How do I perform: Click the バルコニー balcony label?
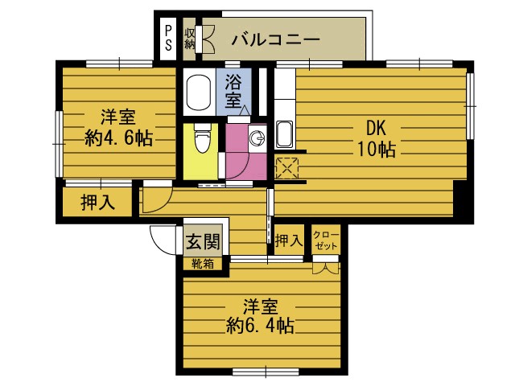(x=276, y=39)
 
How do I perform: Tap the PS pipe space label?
(x=168, y=38)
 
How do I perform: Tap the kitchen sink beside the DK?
(x=284, y=133)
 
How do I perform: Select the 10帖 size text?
(x=377, y=149)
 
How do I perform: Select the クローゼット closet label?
(x=327, y=240)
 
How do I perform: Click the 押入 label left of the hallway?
(x=97, y=203)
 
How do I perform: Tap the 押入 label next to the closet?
(x=288, y=240)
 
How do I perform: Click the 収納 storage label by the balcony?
(x=190, y=38)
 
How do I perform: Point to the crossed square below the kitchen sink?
(x=286, y=167)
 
